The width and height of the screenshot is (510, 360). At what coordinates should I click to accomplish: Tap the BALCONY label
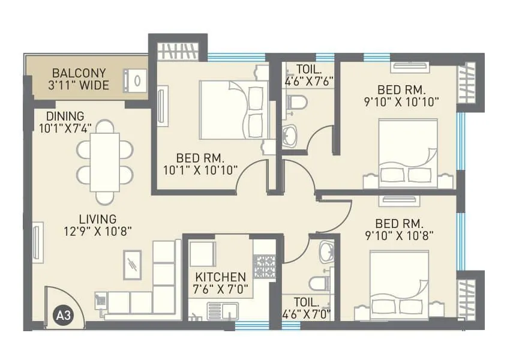click(x=80, y=73)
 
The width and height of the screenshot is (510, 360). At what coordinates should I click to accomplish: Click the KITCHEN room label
click(x=221, y=277)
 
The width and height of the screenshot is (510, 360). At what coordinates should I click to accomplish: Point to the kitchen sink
click(x=223, y=311)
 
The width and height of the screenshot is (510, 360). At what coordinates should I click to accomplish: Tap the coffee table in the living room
click(x=133, y=265)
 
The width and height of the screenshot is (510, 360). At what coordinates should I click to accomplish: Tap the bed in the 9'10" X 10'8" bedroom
click(x=399, y=281)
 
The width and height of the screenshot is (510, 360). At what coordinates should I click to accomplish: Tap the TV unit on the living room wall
click(x=38, y=242)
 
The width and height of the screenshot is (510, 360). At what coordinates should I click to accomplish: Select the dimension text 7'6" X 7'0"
click(x=221, y=289)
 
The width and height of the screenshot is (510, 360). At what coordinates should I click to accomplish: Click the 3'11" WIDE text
click(x=80, y=85)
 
